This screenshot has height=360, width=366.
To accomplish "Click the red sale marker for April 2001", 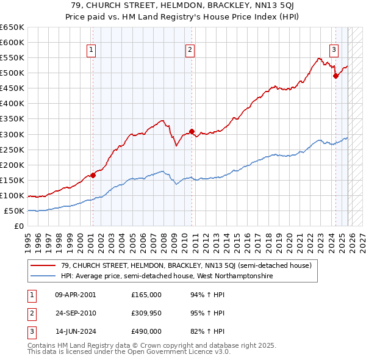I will (93, 175).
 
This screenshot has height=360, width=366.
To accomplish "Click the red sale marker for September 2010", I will (192, 131).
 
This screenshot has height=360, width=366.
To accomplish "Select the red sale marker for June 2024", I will (335, 76).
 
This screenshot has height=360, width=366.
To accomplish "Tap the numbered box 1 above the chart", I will (91, 51).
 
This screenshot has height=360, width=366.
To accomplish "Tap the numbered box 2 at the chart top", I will (190, 51).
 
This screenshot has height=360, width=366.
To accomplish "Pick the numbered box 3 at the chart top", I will (334, 51).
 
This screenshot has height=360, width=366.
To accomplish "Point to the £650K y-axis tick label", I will (12, 27).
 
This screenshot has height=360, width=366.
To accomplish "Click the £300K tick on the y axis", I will (12, 134).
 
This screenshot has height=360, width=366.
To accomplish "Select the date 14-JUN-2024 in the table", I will (75, 331).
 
